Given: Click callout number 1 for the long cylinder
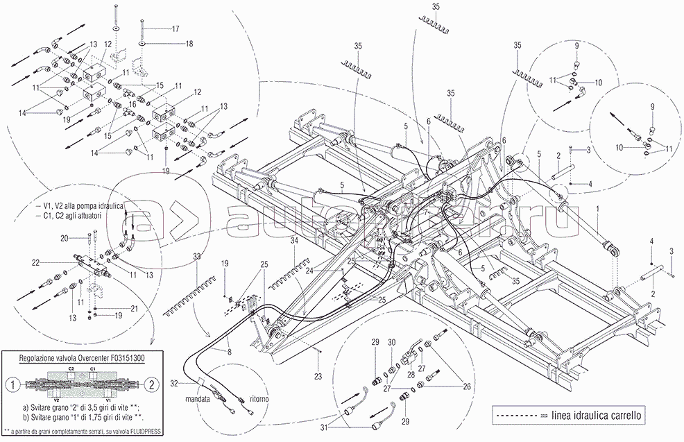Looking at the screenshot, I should pyautogui.click(x=599, y=209).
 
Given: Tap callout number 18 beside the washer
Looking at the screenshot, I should pyautogui.click(x=169, y=43).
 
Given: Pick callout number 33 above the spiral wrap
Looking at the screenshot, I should pyautogui.click(x=197, y=256).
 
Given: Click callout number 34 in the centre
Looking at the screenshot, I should pyautogui.click(x=294, y=239).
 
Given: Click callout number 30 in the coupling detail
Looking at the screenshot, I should pyautogui.click(x=391, y=343).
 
